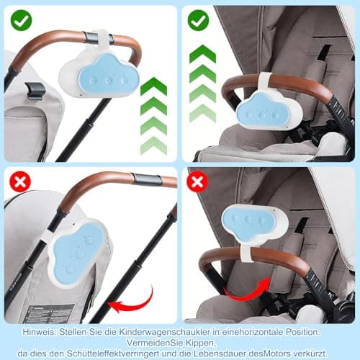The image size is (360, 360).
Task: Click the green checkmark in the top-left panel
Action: click(21, 20)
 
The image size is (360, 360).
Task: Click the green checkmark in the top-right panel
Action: click(198, 20)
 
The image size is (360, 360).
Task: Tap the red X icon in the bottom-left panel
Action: click(20, 181)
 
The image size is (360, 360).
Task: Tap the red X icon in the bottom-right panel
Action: click(197, 181)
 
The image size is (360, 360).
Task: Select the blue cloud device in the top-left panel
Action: click(99, 75)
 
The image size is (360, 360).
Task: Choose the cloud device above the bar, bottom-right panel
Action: click(254, 222)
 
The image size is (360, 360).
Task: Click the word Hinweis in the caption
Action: click(39, 332)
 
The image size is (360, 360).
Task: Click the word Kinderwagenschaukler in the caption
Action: click(165, 332)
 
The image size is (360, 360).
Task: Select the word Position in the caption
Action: click(302, 332)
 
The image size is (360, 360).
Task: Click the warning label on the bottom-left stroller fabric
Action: click(49, 314)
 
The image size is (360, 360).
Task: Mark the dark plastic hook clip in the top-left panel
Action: click(35, 91)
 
